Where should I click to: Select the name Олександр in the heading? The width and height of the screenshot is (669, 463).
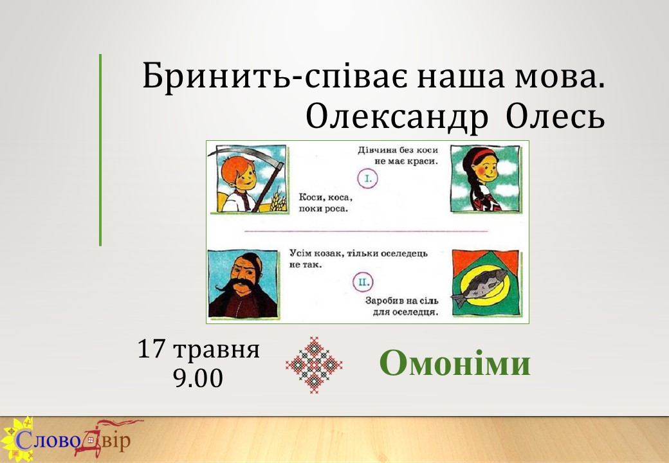397,117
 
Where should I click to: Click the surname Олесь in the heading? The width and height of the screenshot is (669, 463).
556,116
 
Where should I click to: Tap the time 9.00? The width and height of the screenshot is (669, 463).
198,378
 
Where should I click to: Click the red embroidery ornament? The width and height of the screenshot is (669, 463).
314,365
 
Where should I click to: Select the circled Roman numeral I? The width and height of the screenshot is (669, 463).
367,179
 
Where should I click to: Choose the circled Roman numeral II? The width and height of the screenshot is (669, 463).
363,282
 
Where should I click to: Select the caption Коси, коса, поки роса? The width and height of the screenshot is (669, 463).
325,203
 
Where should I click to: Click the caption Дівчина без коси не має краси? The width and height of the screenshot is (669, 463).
398,156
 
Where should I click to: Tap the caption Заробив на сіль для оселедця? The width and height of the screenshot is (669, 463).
401,306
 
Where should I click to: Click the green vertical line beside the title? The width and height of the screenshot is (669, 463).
100,150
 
